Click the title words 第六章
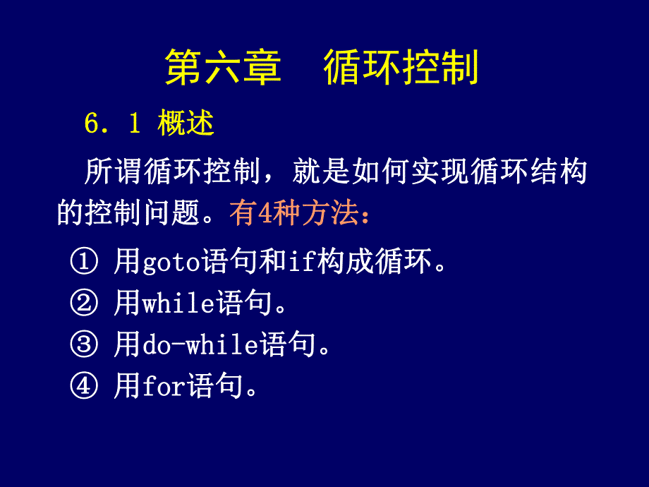pos(223,68)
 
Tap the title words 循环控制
pos(401,68)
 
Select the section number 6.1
pos(112,124)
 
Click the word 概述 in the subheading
pos(186,124)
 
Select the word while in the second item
pos(178,304)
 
